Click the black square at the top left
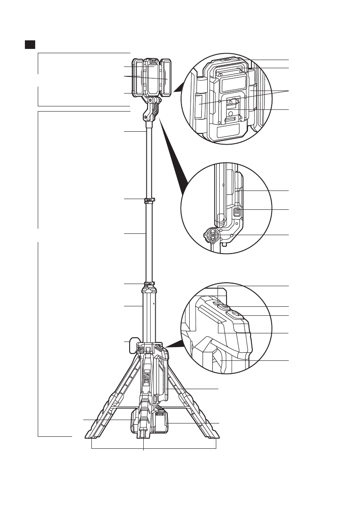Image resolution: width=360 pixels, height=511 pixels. [x=30, y=45]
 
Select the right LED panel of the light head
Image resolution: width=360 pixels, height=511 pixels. [x=166, y=78]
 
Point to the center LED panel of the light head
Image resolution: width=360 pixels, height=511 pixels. [x=152, y=77]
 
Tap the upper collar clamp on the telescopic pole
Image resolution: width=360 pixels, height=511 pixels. [x=150, y=200]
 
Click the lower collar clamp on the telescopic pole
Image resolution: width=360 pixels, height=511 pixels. [x=149, y=284]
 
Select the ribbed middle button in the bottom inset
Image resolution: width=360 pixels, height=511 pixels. [x=224, y=307]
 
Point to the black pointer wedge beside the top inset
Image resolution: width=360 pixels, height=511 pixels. [x=179, y=87]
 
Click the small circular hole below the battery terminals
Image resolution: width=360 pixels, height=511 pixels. [x=231, y=113]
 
